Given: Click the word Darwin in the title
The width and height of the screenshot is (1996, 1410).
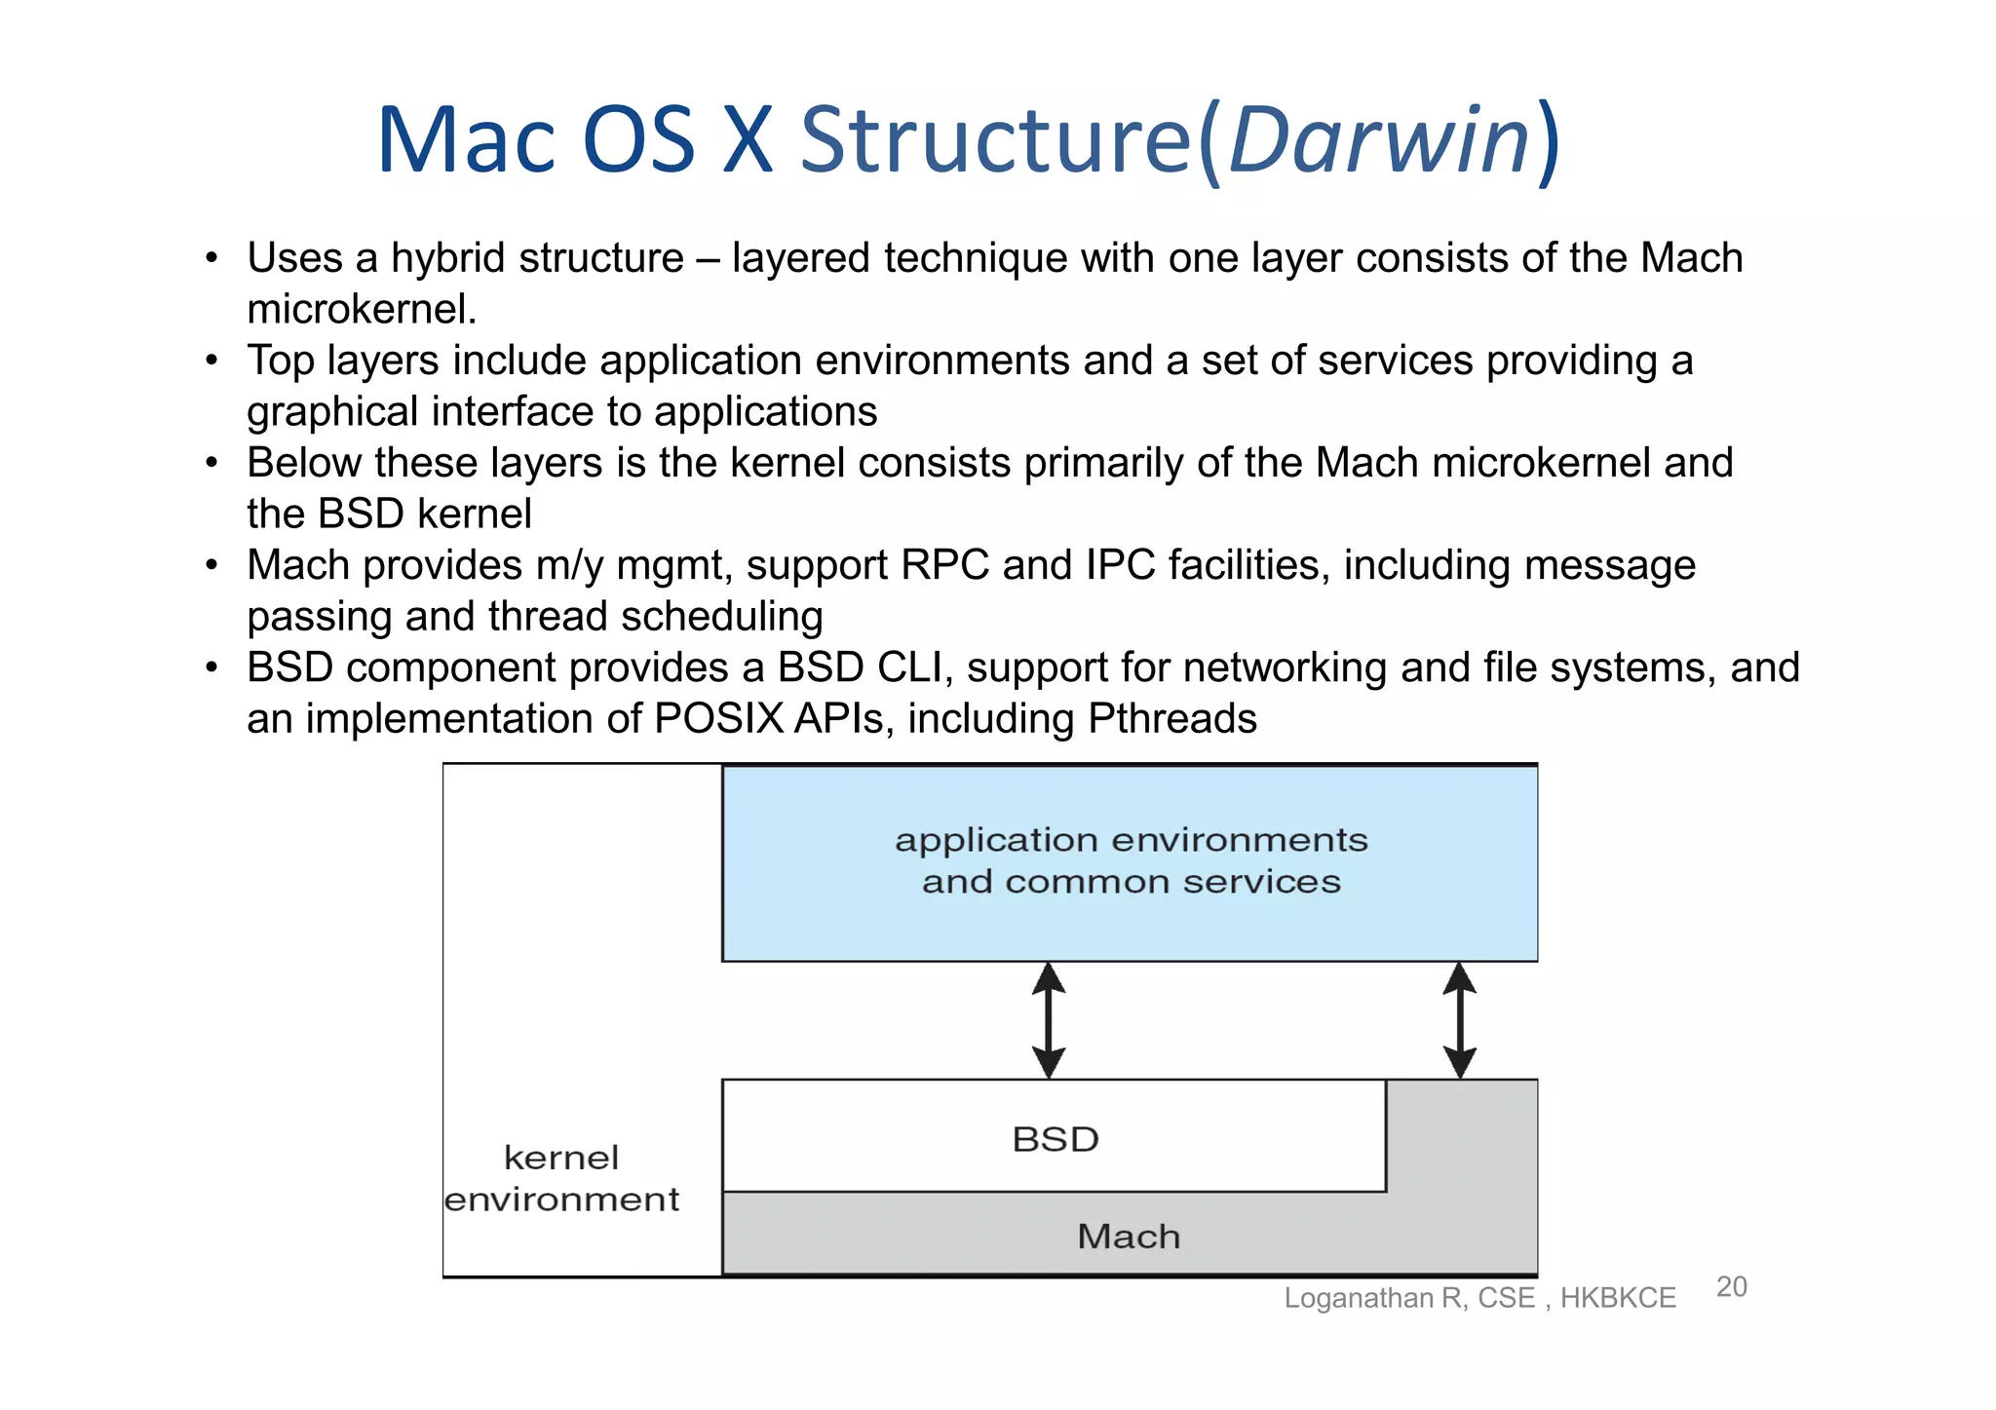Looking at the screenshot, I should [1379, 141].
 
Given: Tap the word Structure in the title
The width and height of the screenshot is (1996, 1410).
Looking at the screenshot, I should [996, 141].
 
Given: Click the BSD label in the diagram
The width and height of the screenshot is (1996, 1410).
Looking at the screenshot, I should [1056, 1139].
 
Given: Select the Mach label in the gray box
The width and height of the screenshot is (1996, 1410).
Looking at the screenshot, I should [1129, 1237].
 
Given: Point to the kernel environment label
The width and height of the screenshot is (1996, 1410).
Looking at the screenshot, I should [561, 1178].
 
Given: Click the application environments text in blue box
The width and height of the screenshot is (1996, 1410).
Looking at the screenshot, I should [1131, 840].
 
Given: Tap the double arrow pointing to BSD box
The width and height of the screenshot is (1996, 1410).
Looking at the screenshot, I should [1048, 1020].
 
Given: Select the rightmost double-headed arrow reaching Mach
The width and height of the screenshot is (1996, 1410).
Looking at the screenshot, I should [1459, 1020].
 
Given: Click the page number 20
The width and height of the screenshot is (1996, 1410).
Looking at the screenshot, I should [1731, 1287].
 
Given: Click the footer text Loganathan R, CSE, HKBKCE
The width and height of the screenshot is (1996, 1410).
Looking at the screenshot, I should [1479, 1298].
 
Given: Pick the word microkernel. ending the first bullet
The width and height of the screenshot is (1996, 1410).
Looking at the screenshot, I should [362, 310].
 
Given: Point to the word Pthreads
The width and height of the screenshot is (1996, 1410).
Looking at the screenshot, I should [1171, 719].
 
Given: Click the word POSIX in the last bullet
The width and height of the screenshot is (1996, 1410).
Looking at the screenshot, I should [718, 719].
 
